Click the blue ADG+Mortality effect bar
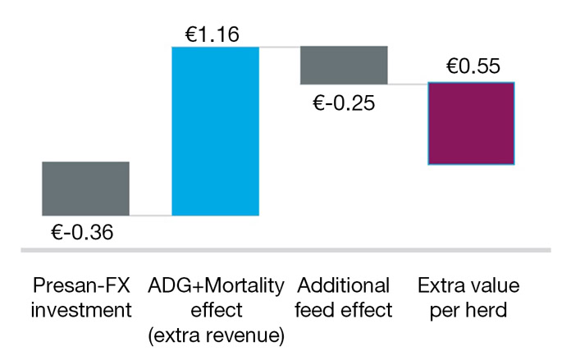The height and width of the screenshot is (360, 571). tap(215, 131)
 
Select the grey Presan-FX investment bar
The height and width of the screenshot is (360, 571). tap(85, 189)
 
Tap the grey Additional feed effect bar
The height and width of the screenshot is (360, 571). tap(344, 65)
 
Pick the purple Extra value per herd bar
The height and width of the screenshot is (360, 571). tap(471, 124)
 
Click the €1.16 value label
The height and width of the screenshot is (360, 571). tap(212, 34)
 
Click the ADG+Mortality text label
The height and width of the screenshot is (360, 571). tap(216, 286)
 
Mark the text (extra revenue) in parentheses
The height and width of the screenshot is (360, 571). tap(216, 335)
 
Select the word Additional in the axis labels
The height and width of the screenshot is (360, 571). tap(344, 286)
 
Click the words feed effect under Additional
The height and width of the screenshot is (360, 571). tap(344, 311)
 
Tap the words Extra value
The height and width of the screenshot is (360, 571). tap(471, 286)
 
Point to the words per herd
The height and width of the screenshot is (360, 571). tap(471, 311)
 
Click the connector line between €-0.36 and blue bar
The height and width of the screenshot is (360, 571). tap(150, 216)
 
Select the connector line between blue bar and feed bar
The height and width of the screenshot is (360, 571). tap(280, 47)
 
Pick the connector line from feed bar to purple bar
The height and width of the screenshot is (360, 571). tap(408, 84)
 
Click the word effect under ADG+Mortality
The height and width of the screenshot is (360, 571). tap(216, 311)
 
